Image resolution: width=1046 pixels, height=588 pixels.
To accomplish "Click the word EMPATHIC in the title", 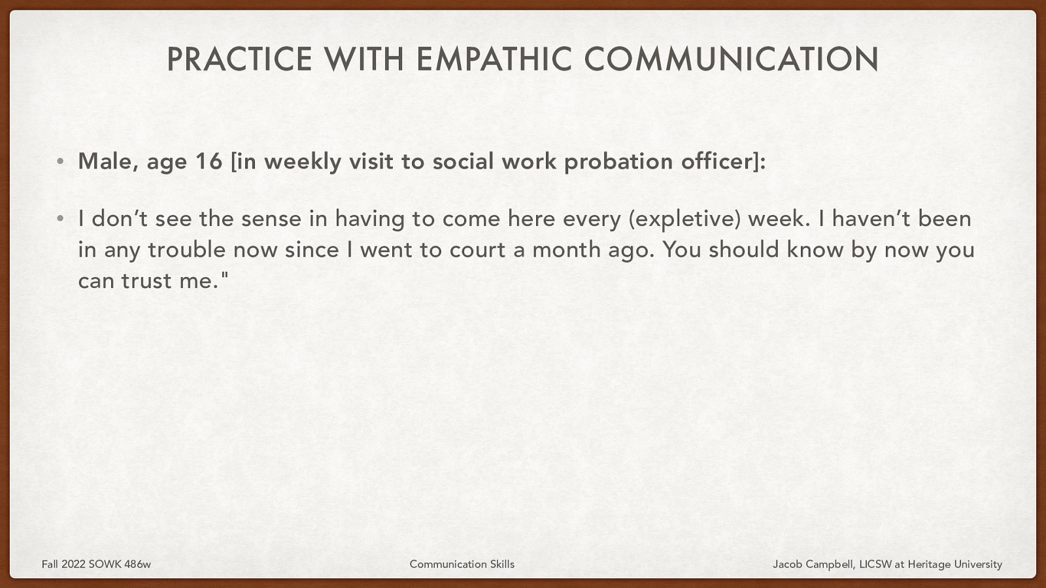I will pyautogui.click(x=495, y=59).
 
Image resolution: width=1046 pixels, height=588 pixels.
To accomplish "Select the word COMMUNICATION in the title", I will pyautogui.click(x=731, y=59).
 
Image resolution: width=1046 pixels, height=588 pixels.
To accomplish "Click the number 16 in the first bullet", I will pyautogui.click(x=209, y=161).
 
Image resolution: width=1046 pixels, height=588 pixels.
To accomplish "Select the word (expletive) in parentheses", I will pyautogui.click(x=684, y=218).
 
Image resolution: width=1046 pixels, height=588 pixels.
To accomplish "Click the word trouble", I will pyautogui.click(x=186, y=250).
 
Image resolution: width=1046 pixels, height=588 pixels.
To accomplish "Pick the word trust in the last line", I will pyautogui.click(x=148, y=281).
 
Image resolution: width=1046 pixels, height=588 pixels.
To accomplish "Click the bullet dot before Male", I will pyautogui.click(x=60, y=161).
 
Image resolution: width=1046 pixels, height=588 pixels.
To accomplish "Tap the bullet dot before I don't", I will pyautogui.click(x=60, y=218).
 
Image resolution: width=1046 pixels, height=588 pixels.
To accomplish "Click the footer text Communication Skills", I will pyautogui.click(x=462, y=564).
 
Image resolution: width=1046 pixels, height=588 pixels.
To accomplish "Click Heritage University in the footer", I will pyautogui.click(x=954, y=564).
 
